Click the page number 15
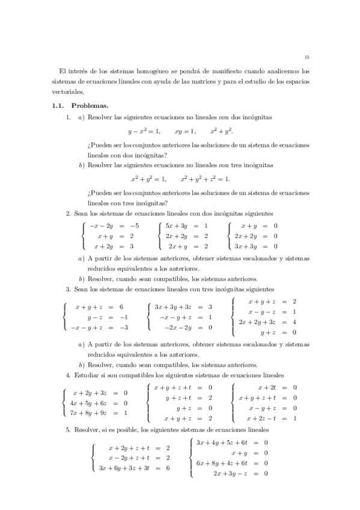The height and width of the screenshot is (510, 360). pos(307,58)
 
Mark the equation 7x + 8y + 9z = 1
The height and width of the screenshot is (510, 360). pos(99,413)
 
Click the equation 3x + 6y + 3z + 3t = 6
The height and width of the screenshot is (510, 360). pos(134,467)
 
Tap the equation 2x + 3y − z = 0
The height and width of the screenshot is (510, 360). pos(240,473)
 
